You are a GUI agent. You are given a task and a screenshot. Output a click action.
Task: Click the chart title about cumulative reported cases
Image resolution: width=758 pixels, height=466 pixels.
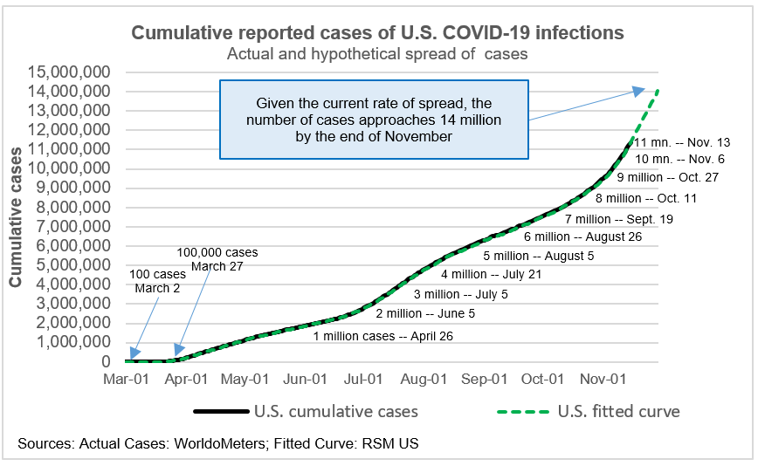(x=377, y=33)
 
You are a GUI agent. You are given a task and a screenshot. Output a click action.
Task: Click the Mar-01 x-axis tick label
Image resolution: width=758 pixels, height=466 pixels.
(x=127, y=380)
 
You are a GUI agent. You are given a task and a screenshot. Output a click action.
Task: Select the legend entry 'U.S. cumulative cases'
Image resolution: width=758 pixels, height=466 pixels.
(x=336, y=411)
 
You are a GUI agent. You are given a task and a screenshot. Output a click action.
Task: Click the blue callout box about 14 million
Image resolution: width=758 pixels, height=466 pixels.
(x=374, y=120)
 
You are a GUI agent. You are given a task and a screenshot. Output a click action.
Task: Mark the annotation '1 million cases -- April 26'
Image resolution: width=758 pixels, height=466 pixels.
(x=383, y=336)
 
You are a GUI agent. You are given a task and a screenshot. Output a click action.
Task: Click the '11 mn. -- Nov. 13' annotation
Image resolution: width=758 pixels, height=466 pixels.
(x=682, y=142)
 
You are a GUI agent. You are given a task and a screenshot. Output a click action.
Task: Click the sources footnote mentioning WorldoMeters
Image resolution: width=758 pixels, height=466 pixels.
(x=218, y=444)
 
